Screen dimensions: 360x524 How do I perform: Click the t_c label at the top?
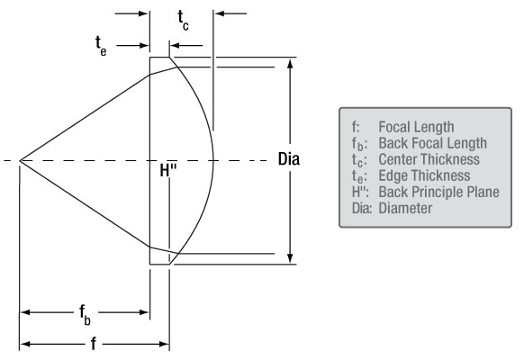click(183, 19)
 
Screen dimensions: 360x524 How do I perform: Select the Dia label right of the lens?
click(289, 159)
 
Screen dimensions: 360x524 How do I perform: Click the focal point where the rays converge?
click(20, 161)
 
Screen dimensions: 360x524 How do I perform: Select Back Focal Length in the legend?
click(432, 143)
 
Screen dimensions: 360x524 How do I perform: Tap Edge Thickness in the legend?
click(424, 175)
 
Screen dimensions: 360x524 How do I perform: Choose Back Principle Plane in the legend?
click(438, 192)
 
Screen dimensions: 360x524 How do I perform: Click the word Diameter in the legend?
click(405, 208)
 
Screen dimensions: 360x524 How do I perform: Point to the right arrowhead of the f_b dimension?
click(145, 312)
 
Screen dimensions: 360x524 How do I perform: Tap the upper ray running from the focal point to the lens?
click(86, 117)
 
